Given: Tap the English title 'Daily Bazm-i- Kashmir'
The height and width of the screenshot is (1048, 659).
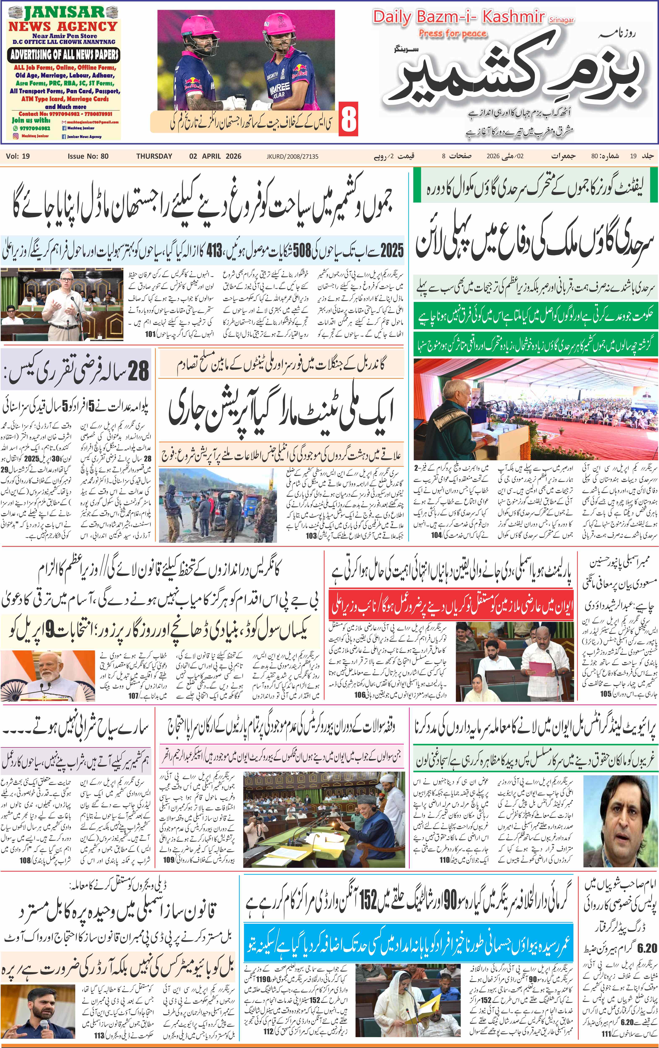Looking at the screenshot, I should click(x=458, y=17).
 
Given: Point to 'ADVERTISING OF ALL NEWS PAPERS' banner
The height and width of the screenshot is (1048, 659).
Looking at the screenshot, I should click(x=64, y=55).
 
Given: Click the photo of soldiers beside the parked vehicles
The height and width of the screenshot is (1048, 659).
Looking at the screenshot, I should click(x=218, y=505).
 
